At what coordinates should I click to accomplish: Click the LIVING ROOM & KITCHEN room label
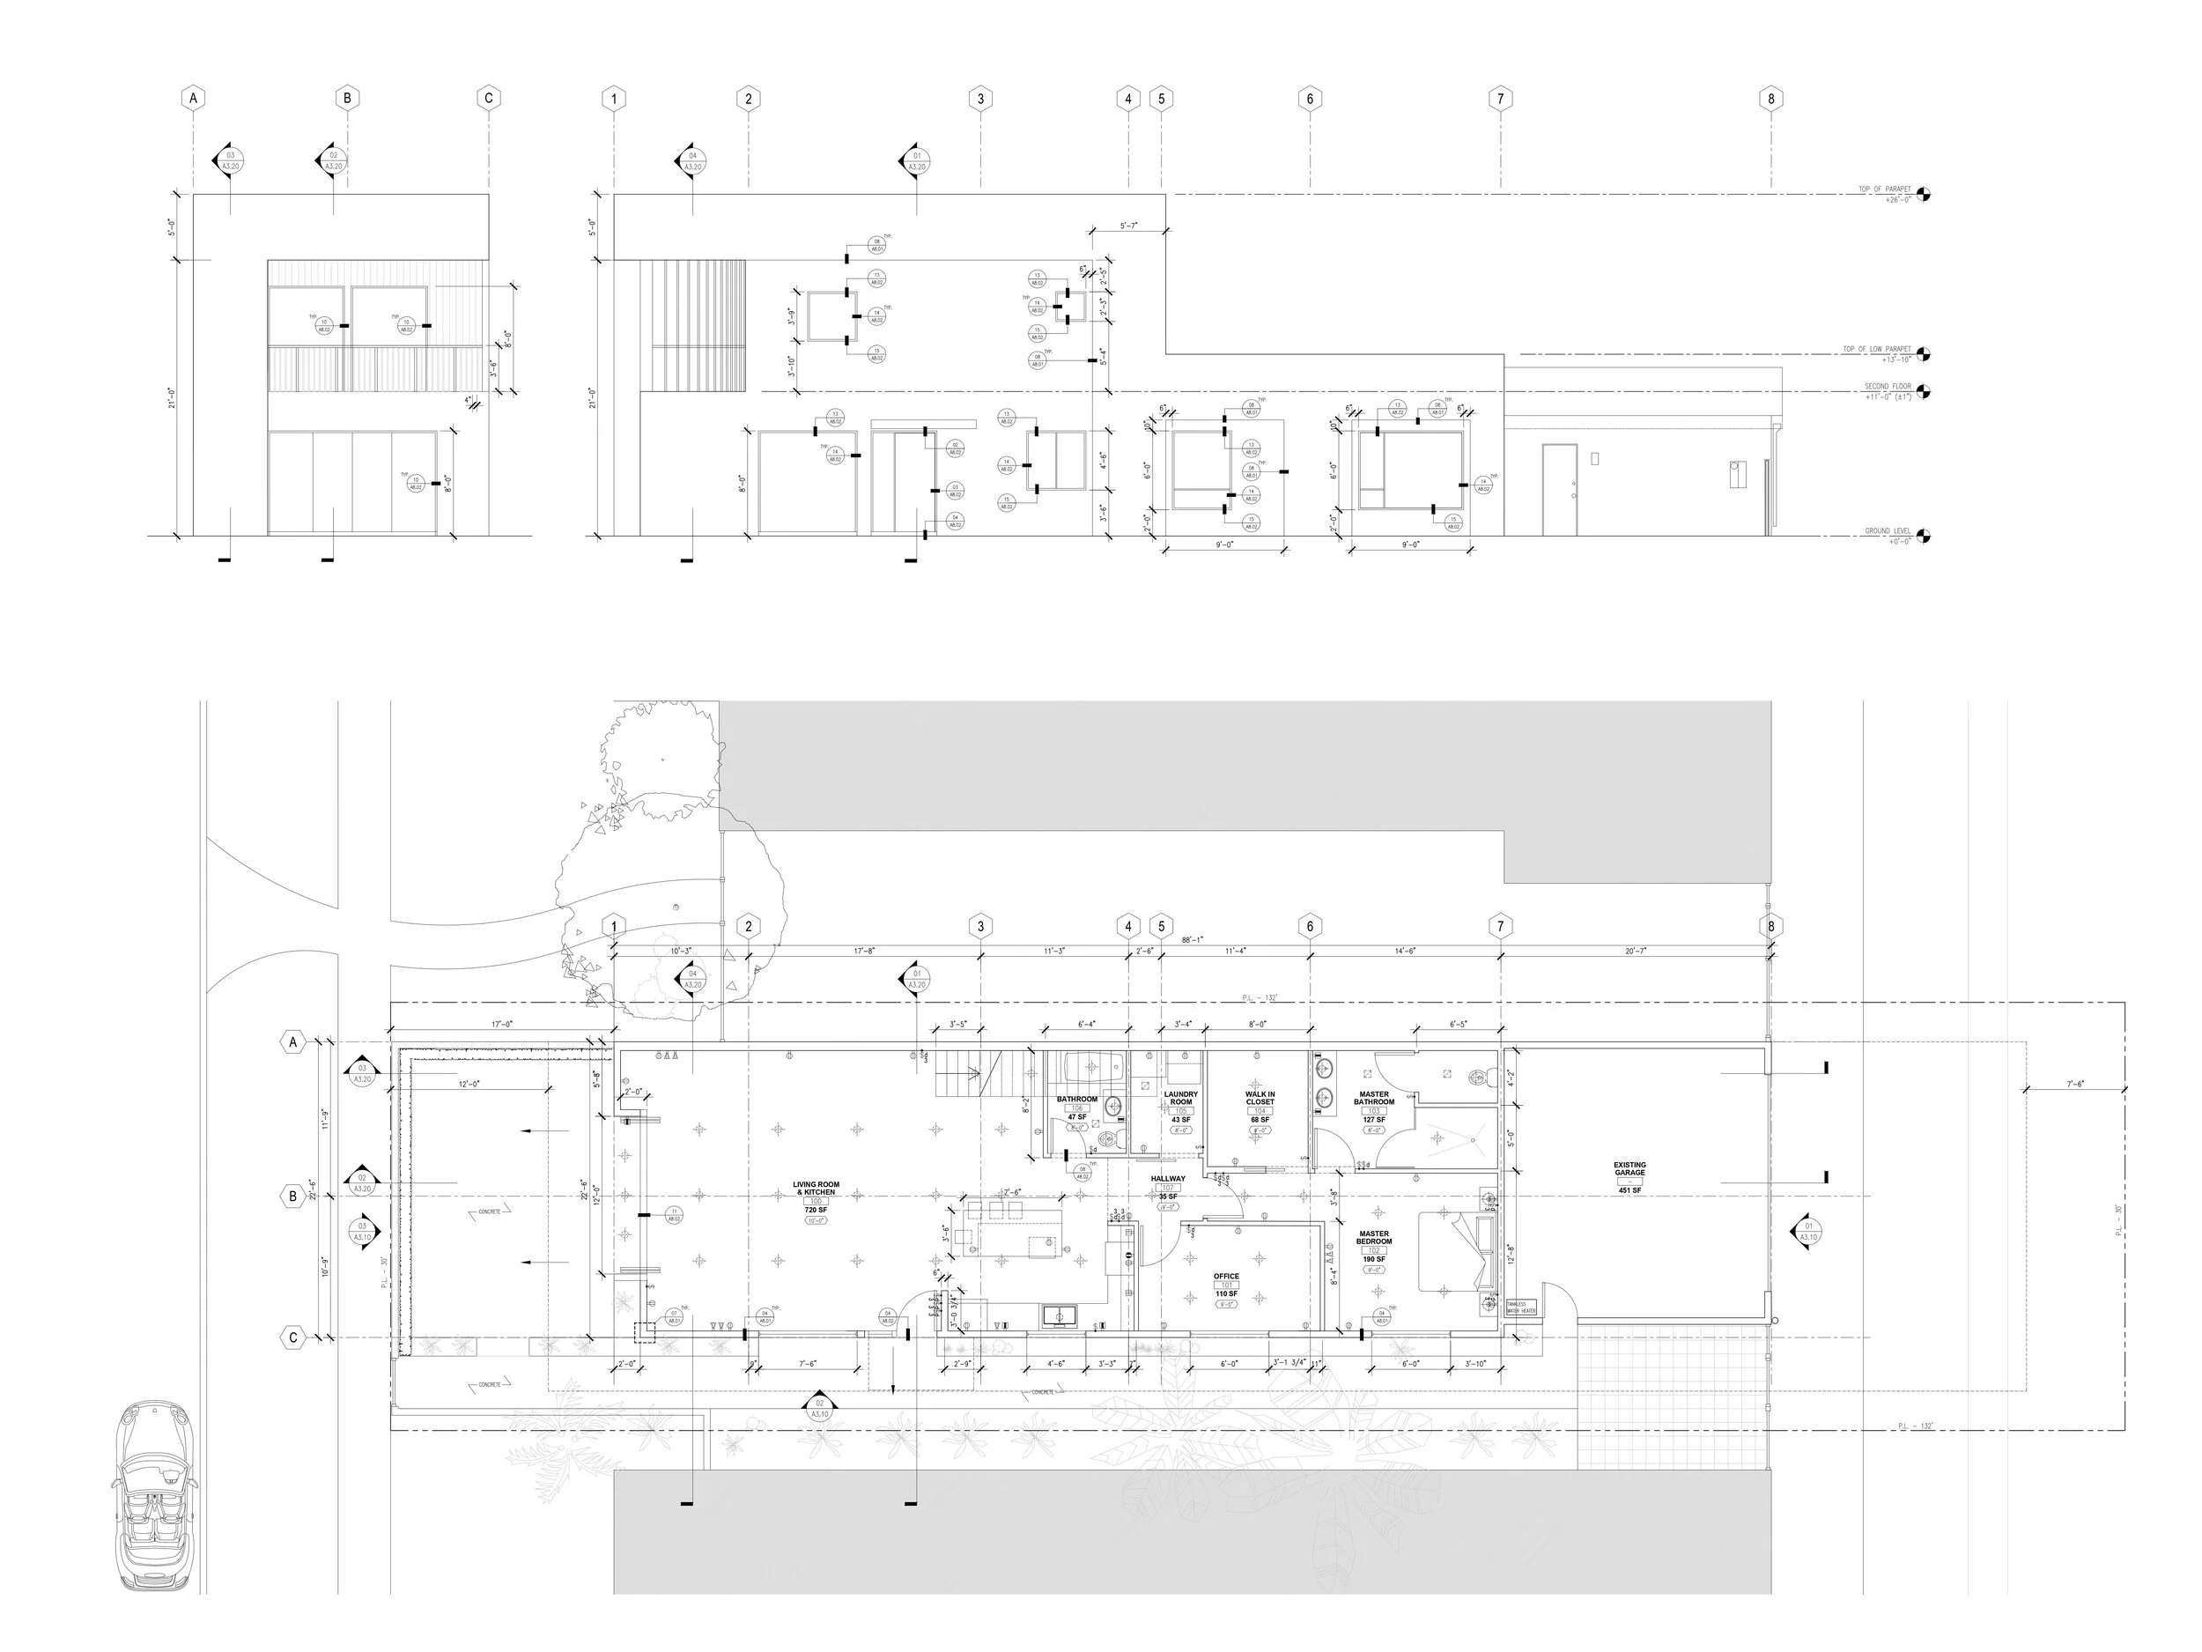816,1189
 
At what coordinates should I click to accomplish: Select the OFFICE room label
1226,1277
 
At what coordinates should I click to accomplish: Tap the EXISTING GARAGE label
1629,1169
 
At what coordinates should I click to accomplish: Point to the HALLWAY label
1168,1179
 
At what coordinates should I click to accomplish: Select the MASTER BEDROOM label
1374,1238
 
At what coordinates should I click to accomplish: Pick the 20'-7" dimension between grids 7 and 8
1635,951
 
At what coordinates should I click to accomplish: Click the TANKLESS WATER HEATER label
1521,1308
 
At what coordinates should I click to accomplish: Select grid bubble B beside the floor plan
292,1196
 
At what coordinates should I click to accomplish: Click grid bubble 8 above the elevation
1770,99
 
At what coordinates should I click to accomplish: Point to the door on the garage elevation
1559,489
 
